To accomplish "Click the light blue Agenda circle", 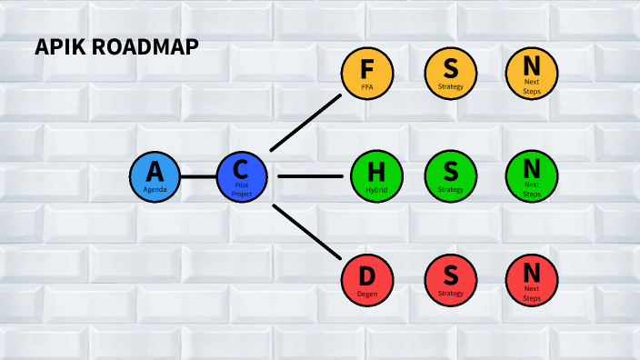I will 155,175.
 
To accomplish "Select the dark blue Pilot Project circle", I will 242,175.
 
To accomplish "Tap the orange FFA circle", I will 367,72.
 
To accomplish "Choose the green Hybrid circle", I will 376,175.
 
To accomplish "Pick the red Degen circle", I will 367,279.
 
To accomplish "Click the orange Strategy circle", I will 450,72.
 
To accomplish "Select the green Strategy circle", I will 450,175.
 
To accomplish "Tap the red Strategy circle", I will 450,279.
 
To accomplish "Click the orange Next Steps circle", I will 532,72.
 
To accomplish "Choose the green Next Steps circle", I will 532,175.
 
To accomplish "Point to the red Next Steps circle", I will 532,279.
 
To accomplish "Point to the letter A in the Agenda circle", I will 155,170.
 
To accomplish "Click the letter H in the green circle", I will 376,170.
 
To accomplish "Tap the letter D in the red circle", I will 367,274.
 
